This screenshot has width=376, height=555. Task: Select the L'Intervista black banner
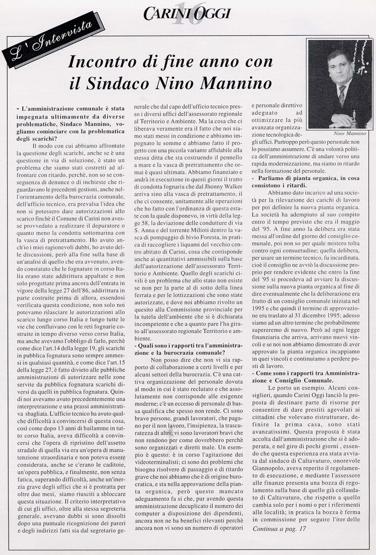coord(48,43)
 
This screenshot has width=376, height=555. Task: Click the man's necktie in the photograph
coord(342,94)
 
